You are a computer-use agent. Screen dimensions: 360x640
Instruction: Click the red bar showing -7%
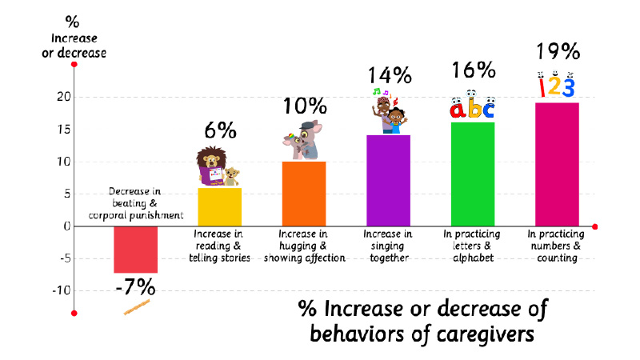point(135,250)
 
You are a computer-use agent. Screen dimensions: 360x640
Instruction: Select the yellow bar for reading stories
point(220,207)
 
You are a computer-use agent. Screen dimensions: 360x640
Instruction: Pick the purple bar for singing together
point(388,180)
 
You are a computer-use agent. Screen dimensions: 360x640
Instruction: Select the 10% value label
point(305,105)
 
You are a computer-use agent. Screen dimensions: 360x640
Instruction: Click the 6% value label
point(220,130)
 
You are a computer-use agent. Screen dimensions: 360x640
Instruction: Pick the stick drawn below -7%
point(137,306)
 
